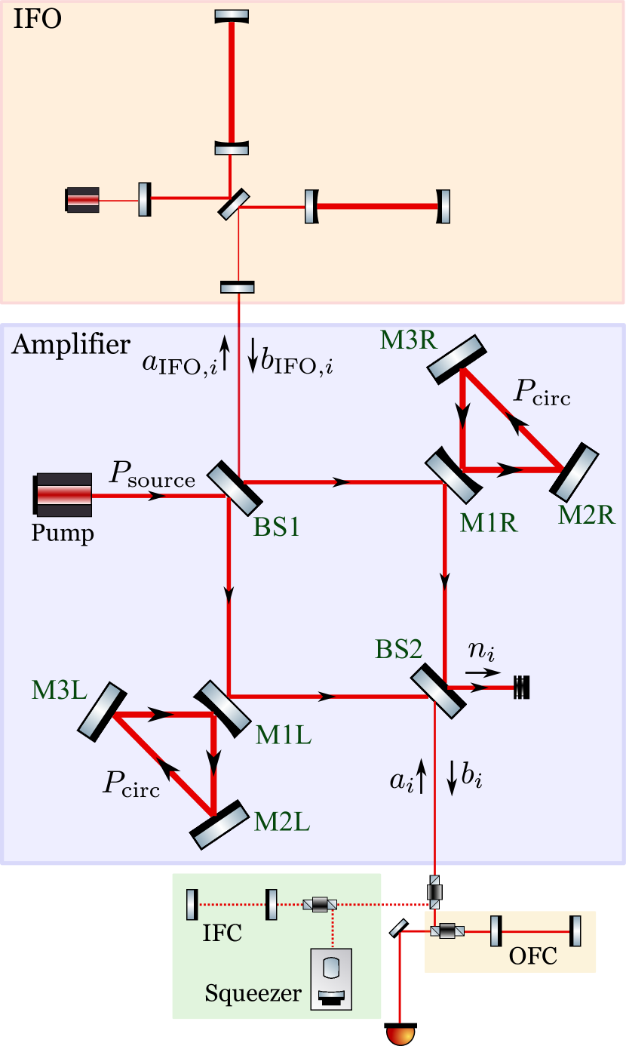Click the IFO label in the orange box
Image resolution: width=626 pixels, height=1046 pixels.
(37, 18)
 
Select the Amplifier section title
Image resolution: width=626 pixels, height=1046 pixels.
(71, 345)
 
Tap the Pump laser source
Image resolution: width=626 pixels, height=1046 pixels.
(63, 495)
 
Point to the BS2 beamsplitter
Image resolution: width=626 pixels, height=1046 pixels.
(438, 691)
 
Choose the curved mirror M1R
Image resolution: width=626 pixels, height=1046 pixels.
(453, 475)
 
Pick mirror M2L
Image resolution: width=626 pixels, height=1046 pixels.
(219, 824)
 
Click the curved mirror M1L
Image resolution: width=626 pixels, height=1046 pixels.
(222, 707)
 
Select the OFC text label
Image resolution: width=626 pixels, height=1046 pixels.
(532, 955)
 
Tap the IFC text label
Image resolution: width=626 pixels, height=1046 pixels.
(222, 933)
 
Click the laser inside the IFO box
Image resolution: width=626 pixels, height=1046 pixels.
(82, 200)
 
